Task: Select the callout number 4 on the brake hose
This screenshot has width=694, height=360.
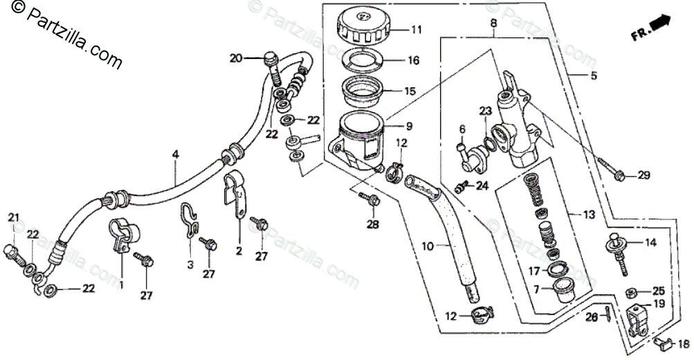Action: click(x=175, y=155)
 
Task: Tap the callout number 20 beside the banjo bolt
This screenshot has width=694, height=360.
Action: click(x=237, y=58)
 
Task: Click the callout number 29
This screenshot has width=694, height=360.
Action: click(x=643, y=176)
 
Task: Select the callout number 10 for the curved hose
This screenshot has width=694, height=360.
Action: click(x=428, y=245)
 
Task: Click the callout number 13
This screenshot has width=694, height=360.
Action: click(x=589, y=215)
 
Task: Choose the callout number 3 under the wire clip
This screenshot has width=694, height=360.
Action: click(x=188, y=264)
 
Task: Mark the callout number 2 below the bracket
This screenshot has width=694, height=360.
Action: click(x=238, y=251)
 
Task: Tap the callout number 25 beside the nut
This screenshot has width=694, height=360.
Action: click(x=658, y=291)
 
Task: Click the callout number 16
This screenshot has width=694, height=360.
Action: click(x=413, y=60)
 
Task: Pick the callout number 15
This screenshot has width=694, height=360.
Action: click(x=410, y=91)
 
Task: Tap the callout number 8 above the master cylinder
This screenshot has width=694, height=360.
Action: click(x=494, y=23)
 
